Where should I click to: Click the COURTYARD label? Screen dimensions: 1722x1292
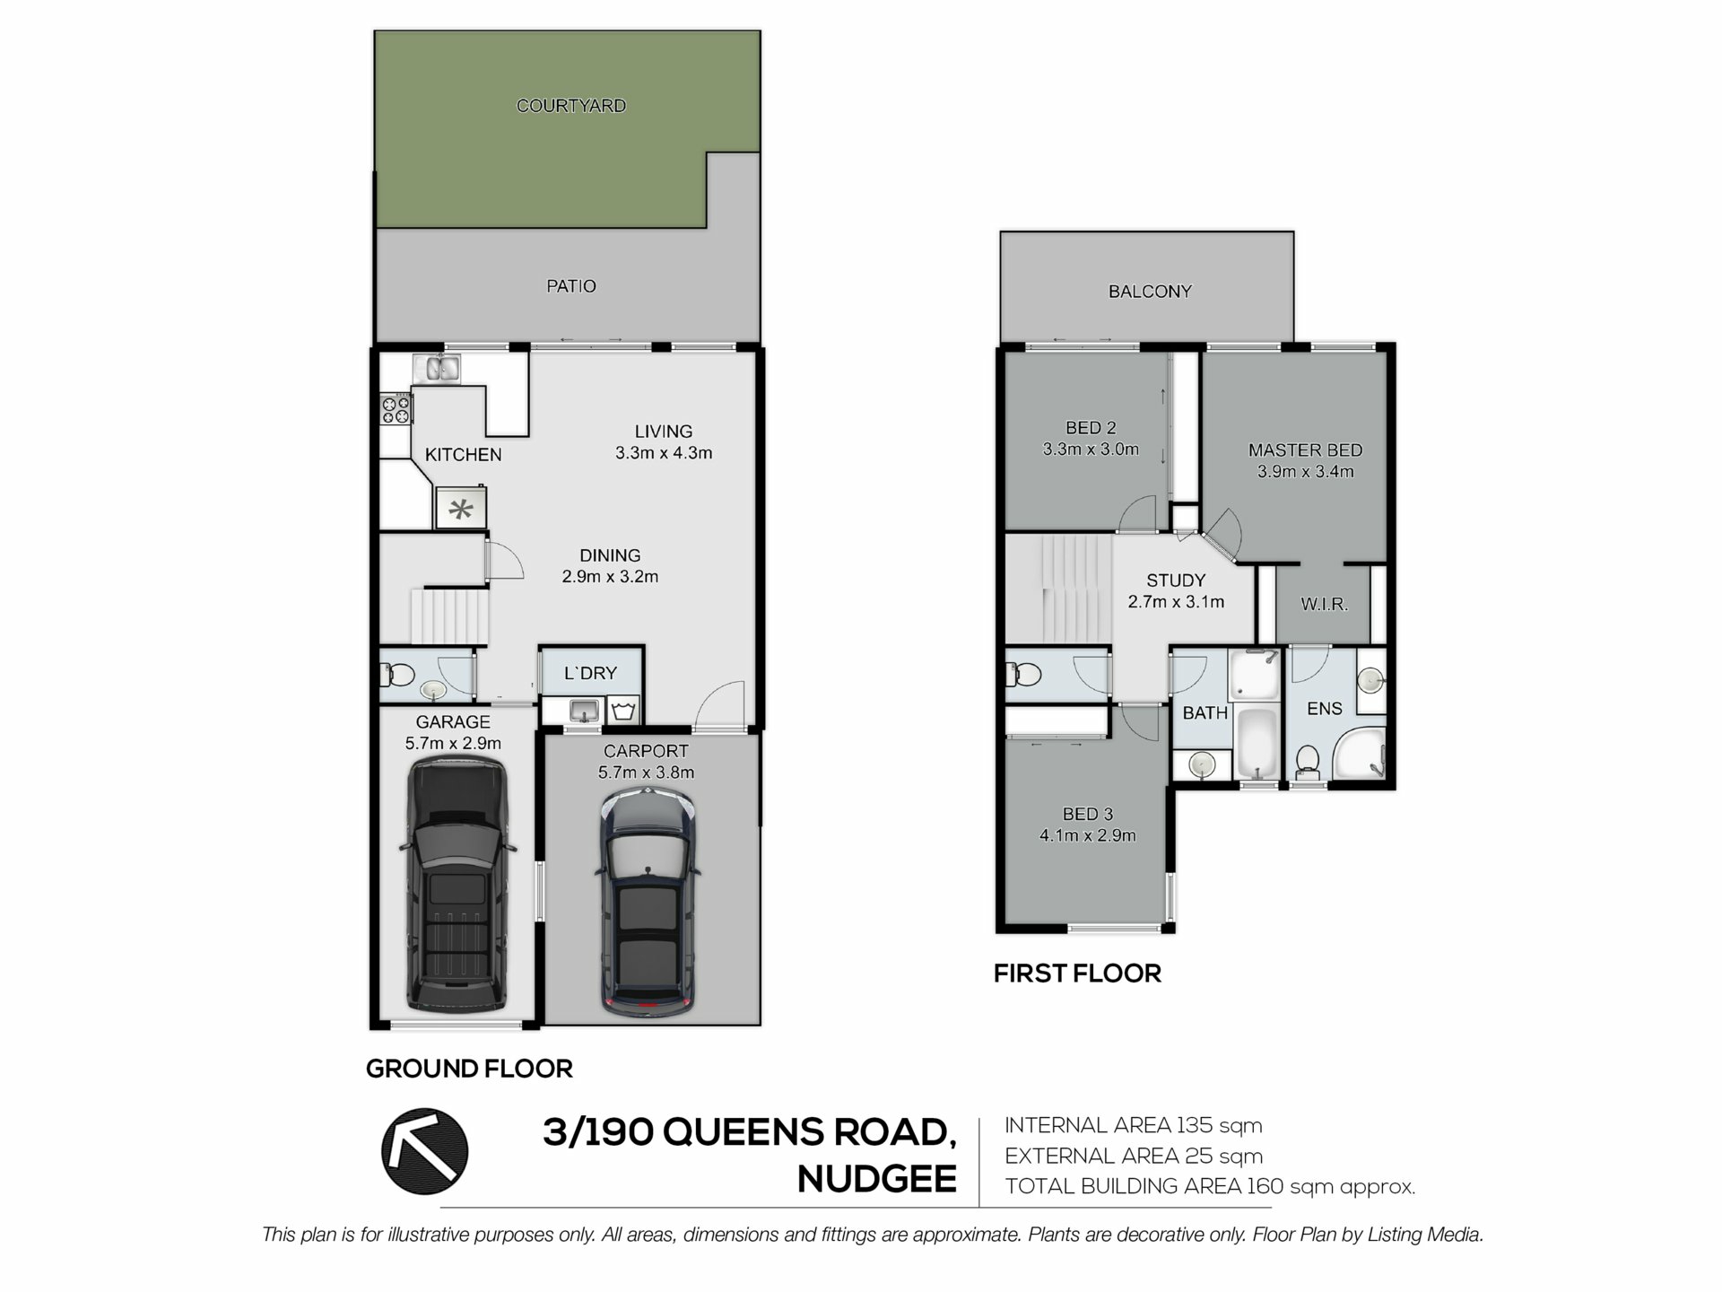tap(571, 106)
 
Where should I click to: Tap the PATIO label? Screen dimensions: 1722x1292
tap(571, 286)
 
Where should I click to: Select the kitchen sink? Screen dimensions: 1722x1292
tap(437, 369)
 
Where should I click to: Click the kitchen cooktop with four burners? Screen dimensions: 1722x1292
tap(396, 409)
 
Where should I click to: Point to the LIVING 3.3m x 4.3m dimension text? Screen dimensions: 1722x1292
tap(664, 453)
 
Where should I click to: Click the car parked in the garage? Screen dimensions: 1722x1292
tap(457, 885)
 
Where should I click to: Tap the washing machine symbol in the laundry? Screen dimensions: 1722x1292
tap(623, 711)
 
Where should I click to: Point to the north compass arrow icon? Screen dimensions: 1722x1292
tap(425, 1151)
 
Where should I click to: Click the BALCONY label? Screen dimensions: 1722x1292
tap(1150, 292)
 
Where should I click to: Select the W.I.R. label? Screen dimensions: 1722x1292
tap(1325, 605)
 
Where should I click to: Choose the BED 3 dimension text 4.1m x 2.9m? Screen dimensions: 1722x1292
tap(1088, 836)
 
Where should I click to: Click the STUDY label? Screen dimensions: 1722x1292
tap(1176, 581)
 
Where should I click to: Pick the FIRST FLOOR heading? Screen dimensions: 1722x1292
tap(1077, 973)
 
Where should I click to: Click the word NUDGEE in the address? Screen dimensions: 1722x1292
tap(877, 1179)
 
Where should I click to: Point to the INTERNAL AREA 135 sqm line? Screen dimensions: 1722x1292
tap(1134, 1125)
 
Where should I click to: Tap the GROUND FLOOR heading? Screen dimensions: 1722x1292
tap(469, 1069)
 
